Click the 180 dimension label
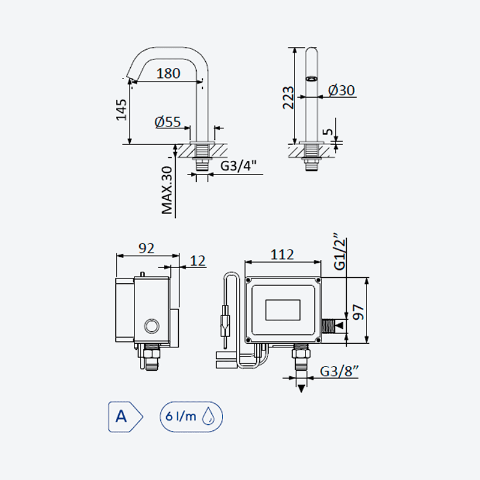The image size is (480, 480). click(x=168, y=73)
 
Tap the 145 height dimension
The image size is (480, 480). click(x=121, y=110)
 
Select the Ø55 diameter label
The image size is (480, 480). click(x=167, y=122)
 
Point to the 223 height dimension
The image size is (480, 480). click(x=288, y=98)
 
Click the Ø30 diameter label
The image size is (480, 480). click(x=341, y=91)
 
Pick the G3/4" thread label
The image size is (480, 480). click(x=238, y=166)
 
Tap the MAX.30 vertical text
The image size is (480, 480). click(x=167, y=190)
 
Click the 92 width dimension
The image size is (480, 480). click(x=146, y=248)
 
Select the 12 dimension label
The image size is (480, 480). click(x=198, y=261)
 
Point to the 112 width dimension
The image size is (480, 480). click(x=282, y=254)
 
